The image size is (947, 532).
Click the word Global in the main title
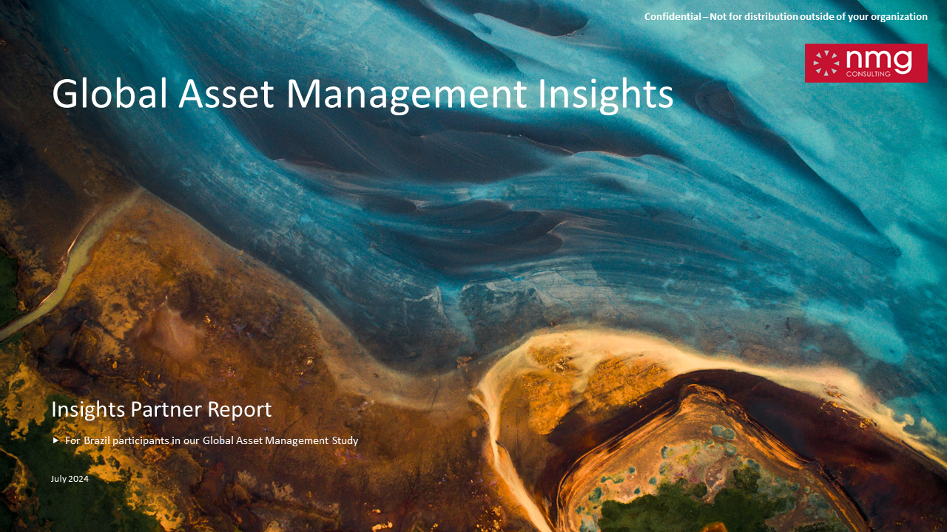click(x=109, y=93)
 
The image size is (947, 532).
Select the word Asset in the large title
click(x=226, y=94)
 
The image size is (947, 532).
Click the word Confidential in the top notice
click(x=673, y=16)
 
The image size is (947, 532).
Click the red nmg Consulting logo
click(x=866, y=63)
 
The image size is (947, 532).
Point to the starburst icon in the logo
click(x=826, y=63)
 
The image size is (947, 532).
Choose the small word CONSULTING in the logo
click(x=868, y=74)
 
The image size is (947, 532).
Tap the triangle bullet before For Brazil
click(x=55, y=440)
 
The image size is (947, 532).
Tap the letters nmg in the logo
click(x=878, y=61)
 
